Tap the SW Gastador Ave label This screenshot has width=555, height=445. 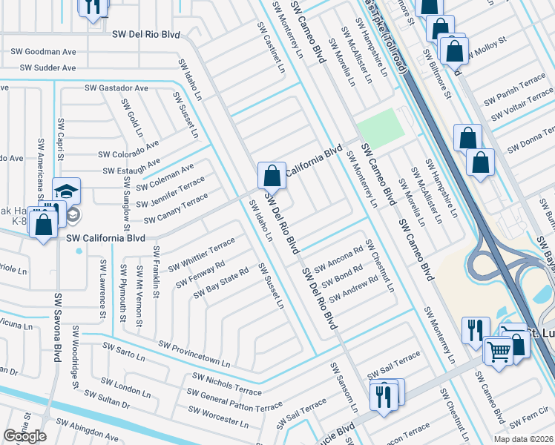point(116,88)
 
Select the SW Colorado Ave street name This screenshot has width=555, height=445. point(129,150)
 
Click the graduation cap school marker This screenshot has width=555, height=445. point(66,191)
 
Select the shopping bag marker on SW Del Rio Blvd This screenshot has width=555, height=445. point(272,177)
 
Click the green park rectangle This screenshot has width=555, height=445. point(381,128)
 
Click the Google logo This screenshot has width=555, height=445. point(24,436)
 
